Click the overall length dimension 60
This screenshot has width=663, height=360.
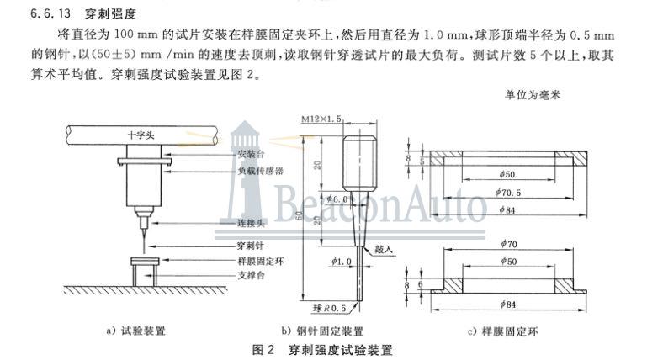(309, 214)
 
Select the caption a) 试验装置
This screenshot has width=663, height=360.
(135, 331)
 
